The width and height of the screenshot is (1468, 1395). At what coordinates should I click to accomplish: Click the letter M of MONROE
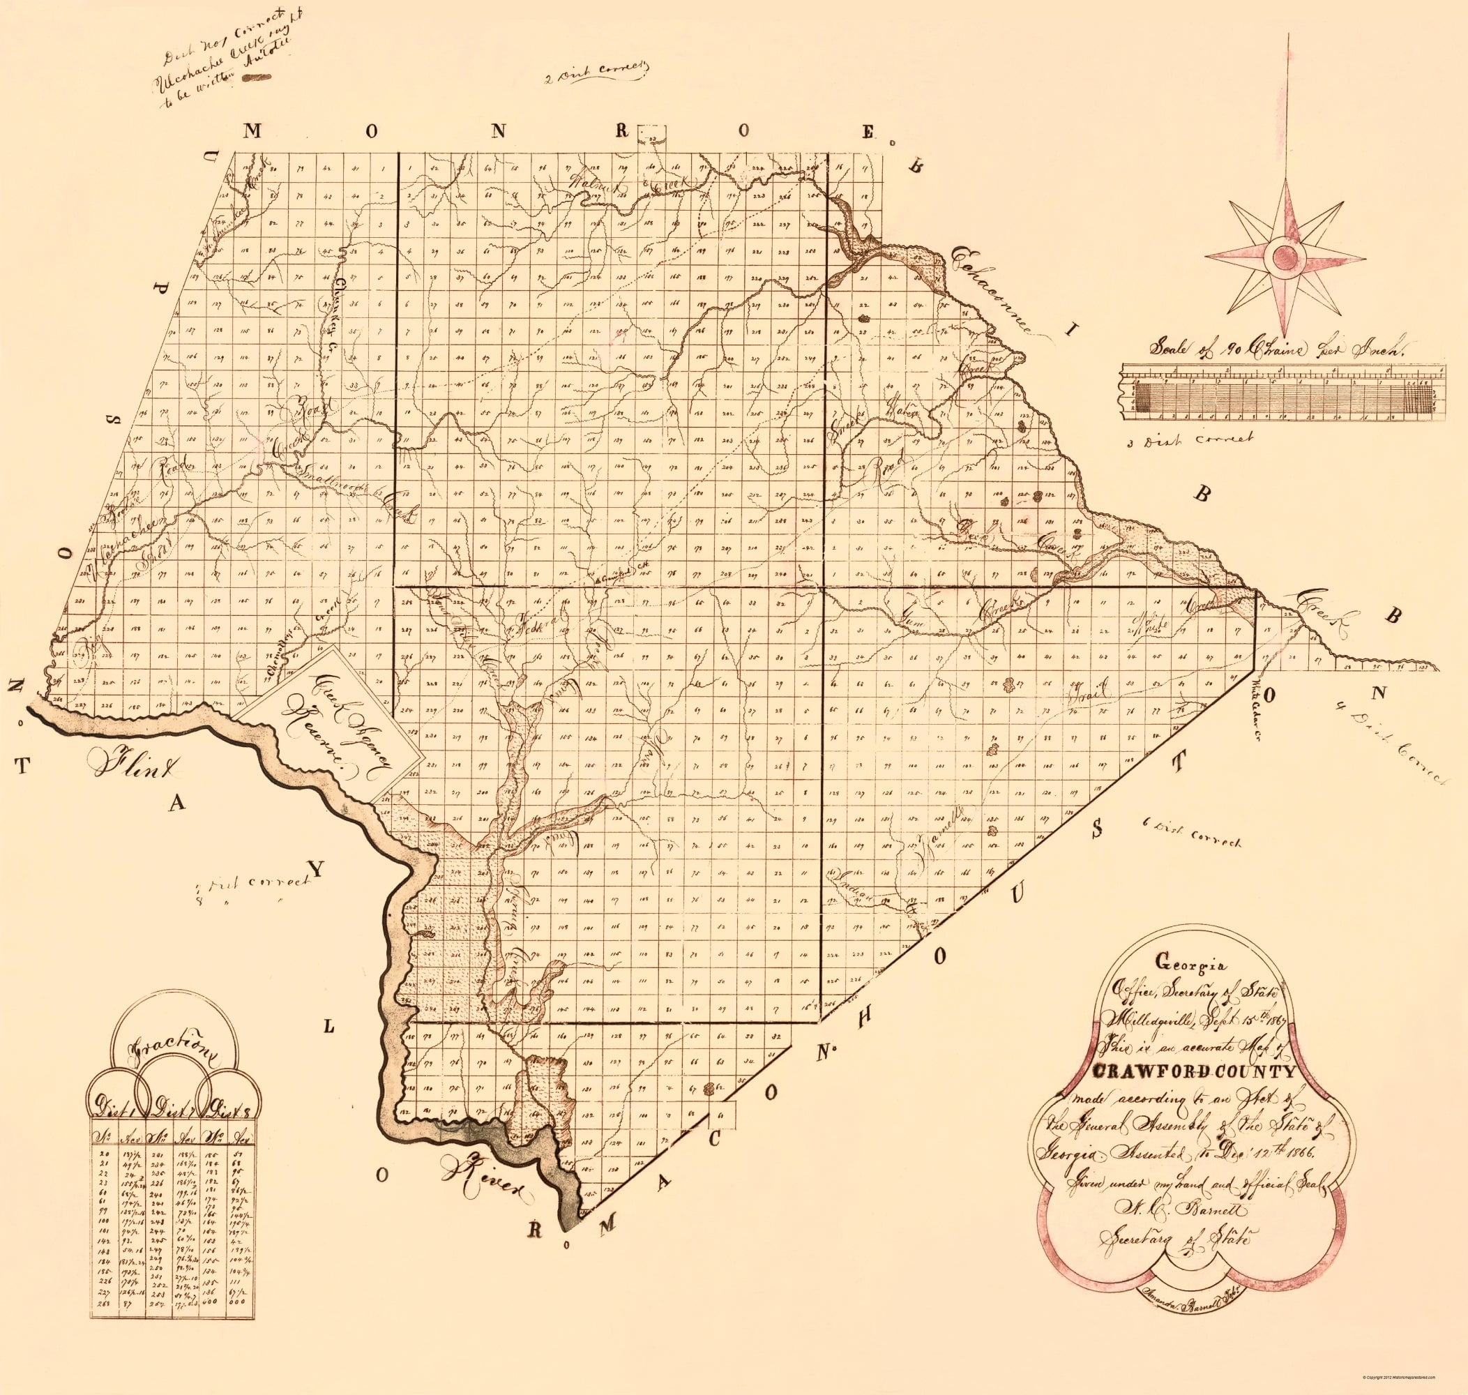click(x=252, y=132)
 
